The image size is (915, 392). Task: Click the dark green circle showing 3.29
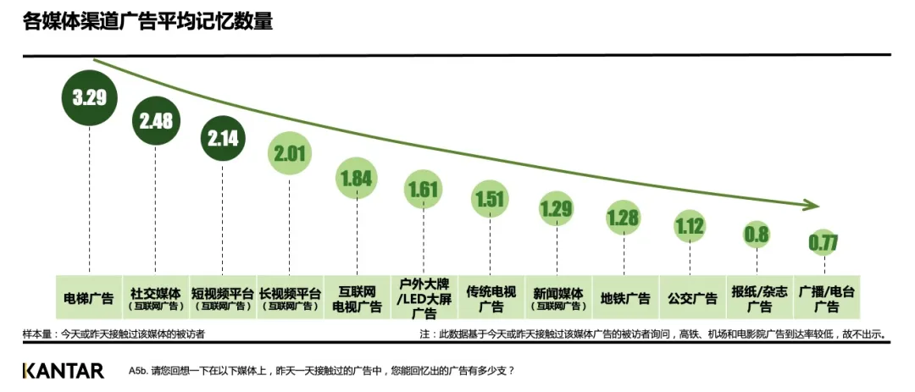89,97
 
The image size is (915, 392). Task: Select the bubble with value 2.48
156,121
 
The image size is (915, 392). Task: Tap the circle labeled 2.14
223,137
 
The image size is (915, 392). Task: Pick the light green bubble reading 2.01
290,153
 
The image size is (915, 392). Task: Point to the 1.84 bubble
357,178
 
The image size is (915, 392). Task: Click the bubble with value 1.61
423,190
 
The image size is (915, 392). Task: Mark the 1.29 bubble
557,207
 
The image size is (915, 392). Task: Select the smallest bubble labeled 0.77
823,243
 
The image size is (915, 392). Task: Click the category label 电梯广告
89,297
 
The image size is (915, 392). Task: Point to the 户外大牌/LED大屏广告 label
423,297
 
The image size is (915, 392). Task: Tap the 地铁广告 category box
624,297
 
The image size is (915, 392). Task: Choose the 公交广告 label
690,297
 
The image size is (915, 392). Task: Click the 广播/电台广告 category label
823,297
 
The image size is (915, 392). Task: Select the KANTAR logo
64,371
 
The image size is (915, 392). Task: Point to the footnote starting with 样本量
114,335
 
